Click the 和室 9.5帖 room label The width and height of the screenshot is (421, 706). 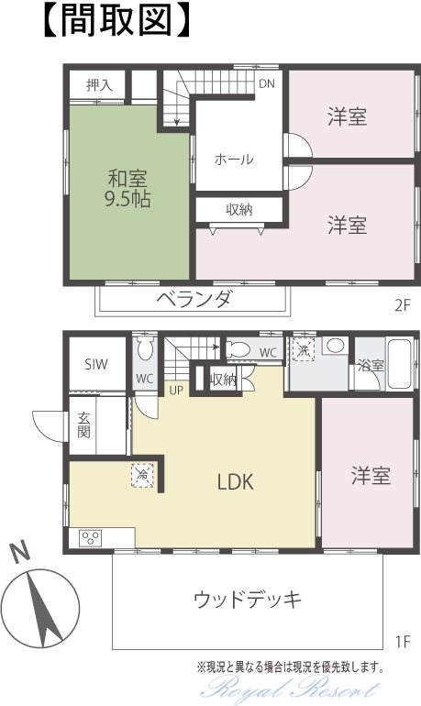127,189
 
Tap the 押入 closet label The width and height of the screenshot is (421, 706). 99,84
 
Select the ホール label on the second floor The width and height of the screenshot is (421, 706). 234,159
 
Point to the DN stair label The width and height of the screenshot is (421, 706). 267,83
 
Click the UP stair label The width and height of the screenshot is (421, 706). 176,390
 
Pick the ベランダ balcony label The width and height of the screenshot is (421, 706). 195,299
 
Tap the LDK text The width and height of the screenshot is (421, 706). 236,481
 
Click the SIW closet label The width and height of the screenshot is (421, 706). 96,364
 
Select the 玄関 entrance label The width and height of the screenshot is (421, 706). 83,425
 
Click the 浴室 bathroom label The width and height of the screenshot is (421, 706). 371,366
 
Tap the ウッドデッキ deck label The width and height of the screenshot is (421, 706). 248,600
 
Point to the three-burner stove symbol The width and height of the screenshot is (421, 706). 91,538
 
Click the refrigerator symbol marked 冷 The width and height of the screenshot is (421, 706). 142,475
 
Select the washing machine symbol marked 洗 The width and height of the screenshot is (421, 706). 304,350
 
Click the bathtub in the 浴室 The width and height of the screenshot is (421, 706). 399,364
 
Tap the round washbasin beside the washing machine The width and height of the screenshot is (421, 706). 336,346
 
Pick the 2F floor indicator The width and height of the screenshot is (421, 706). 403,305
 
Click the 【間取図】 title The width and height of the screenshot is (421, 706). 116,21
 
